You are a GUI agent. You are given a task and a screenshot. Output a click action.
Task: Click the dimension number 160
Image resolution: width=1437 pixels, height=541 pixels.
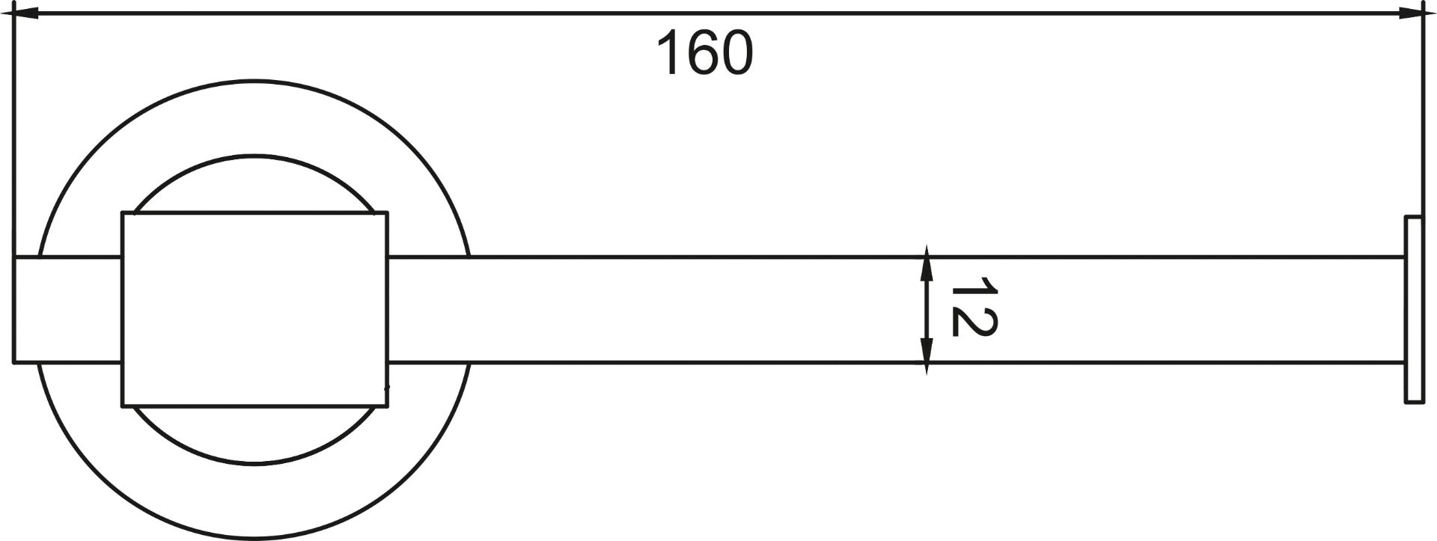(x=705, y=53)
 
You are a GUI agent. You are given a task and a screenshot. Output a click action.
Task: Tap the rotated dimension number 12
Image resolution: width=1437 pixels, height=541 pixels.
(x=974, y=306)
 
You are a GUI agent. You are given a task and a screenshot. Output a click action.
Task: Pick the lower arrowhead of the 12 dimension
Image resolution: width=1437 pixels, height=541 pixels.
(x=927, y=357)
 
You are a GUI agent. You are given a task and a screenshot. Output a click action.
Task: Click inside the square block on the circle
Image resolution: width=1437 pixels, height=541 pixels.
(x=254, y=310)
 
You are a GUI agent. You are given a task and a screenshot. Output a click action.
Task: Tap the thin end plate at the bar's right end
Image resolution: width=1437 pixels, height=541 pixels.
(x=1413, y=310)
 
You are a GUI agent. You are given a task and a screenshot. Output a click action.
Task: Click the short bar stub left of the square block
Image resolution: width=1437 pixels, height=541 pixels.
(x=67, y=310)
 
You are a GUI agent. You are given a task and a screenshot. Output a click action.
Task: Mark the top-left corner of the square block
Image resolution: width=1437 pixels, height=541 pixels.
(x=122, y=213)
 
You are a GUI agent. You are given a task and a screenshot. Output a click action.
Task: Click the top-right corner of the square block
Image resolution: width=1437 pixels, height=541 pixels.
(x=387, y=213)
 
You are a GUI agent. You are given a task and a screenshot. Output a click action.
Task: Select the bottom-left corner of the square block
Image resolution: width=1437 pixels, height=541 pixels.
(x=122, y=407)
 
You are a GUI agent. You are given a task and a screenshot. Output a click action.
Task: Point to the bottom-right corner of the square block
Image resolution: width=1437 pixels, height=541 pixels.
(x=387, y=407)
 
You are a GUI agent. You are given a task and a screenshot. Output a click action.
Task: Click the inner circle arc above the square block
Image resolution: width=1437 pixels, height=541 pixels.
(x=254, y=156)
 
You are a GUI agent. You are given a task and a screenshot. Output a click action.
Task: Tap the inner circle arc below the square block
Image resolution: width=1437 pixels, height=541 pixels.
(x=254, y=464)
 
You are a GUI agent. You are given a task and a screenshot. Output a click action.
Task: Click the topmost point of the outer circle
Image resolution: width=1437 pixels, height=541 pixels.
(x=254, y=80)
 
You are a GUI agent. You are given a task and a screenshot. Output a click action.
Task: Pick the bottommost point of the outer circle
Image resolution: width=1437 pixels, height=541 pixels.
(x=254, y=539)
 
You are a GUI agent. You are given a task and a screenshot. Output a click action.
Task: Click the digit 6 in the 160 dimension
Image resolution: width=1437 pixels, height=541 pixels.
(x=705, y=53)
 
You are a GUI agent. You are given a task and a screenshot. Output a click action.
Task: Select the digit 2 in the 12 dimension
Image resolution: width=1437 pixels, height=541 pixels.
(x=974, y=321)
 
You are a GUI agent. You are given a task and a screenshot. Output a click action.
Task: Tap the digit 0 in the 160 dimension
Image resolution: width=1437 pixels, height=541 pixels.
(x=737, y=53)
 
